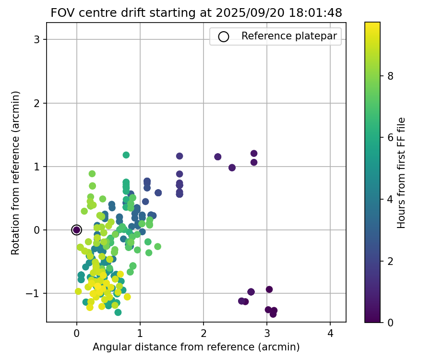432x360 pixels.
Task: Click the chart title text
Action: pyautogui.click(x=196, y=13)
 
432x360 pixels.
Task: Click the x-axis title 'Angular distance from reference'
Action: pyautogui.click(x=196, y=347)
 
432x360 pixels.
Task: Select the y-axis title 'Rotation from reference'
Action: pyautogui.click(x=16, y=172)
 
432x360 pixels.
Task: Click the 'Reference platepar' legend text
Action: pyautogui.click(x=289, y=36)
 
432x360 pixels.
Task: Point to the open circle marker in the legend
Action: pyautogui.click(x=224, y=36)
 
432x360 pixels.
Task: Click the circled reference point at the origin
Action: pyautogui.click(x=76, y=230)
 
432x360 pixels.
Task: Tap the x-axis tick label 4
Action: pyautogui.click(x=330, y=334)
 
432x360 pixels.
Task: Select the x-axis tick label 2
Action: pyautogui.click(x=204, y=334)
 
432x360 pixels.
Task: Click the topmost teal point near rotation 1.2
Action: pyautogui.click(x=126, y=155)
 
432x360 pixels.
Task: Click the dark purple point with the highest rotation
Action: pyautogui.click(x=254, y=154)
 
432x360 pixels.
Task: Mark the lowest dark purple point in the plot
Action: pyautogui.click(x=273, y=314)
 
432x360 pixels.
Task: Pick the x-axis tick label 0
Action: pyautogui.click(x=77, y=334)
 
